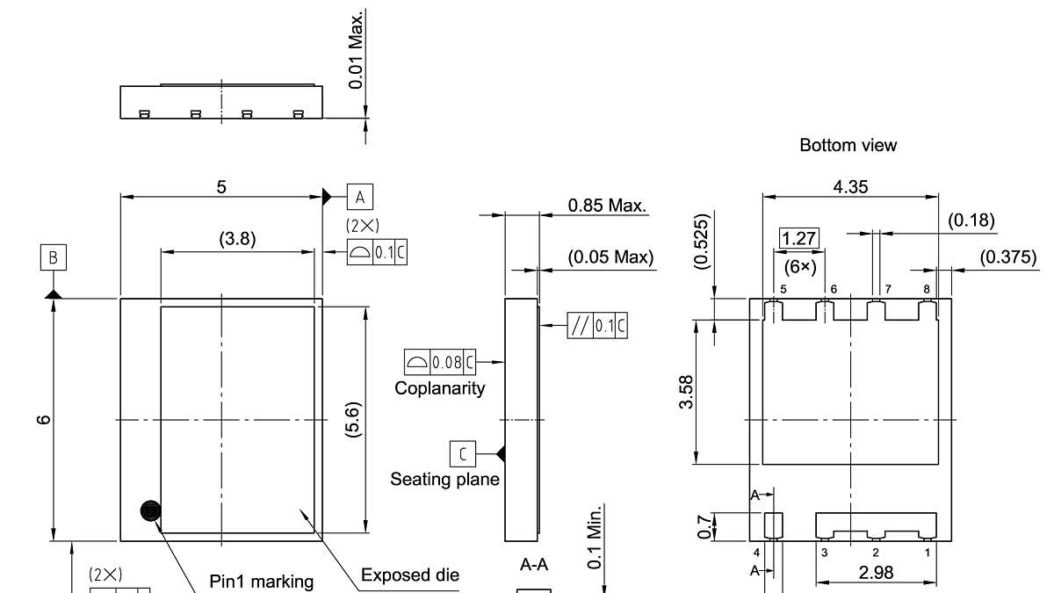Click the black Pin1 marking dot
(x=150, y=511)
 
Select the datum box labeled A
(x=360, y=197)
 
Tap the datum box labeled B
(x=54, y=257)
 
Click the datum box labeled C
(x=463, y=454)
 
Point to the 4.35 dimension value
(x=851, y=187)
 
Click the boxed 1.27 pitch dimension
(x=799, y=239)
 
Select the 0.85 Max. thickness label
(x=608, y=206)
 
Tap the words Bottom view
(x=848, y=145)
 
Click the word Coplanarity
(x=440, y=388)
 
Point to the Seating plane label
(x=444, y=479)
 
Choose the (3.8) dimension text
(x=238, y=239)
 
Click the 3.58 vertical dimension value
(x=687, y=392)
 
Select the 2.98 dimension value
(x=876, y=573)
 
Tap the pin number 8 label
(x=927, y=289)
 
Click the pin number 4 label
(x=756, y=552)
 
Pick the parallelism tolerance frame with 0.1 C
(x=597, y=325)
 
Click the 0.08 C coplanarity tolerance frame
(x=440, y=362)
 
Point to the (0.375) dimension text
(x=1008, y=257)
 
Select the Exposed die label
(x=410, y=575)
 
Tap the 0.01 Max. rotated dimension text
(x=357, y=50)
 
